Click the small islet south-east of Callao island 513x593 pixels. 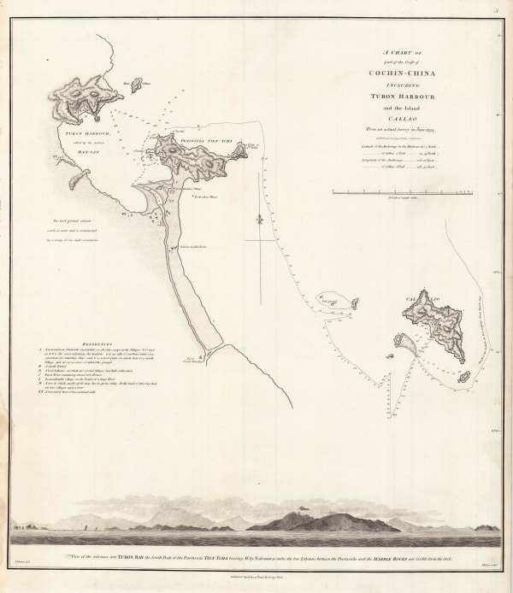pos(463,377)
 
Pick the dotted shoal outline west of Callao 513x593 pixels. pos(335,301)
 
